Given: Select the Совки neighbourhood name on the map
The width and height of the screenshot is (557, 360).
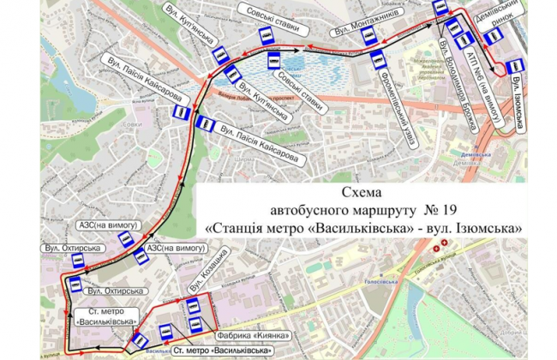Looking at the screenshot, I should [x=133, y=124].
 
